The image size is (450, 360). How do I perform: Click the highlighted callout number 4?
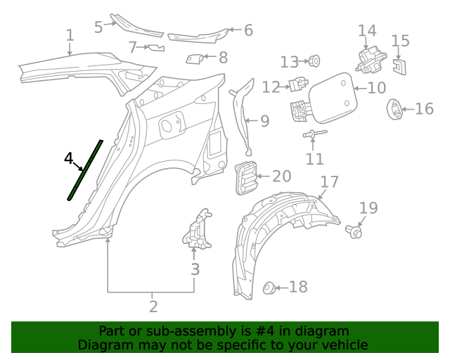coord(68,159)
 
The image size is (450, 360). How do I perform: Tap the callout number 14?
coord(367,31)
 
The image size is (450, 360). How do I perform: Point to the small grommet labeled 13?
coord(314,61)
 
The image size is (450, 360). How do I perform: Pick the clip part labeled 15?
coord(399,66)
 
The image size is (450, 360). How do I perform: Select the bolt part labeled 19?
coord(355,231)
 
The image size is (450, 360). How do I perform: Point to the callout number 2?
coord(153,307)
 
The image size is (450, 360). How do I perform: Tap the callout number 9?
coord(264,122)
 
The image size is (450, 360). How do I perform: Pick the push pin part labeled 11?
coord(312,135)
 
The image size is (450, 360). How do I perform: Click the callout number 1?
coord(70,35)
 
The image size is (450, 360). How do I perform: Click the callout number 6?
coord(248,30)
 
